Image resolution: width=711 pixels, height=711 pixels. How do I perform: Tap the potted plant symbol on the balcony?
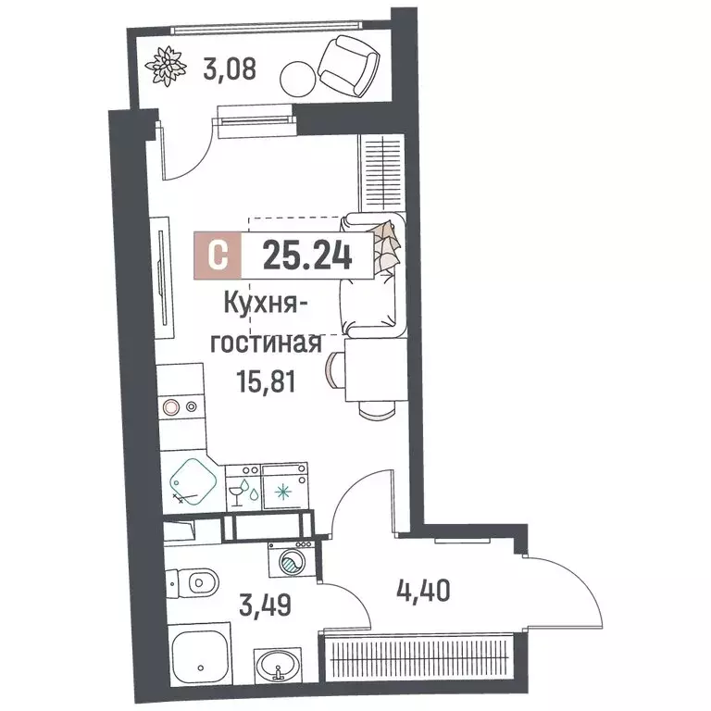[x=167, y=65]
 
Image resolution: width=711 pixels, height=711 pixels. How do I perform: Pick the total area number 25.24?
[x=306, y=256]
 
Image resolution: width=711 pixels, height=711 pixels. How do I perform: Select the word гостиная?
[x=267, y=343]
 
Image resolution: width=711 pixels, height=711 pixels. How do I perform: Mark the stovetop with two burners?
[x=179, y=405]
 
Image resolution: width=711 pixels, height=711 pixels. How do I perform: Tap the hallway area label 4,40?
[x=427, y=589]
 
